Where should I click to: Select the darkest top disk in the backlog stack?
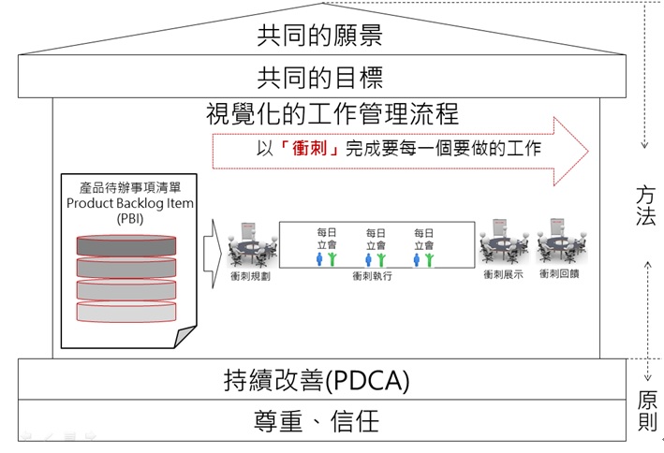(125, 245)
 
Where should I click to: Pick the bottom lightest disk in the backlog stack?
(125, 310)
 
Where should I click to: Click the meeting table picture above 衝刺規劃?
(252, 245)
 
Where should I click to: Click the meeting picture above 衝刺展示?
(501, 245)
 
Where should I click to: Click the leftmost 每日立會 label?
(324, 238)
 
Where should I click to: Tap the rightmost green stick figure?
(429, 260)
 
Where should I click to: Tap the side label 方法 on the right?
(646, 205)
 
